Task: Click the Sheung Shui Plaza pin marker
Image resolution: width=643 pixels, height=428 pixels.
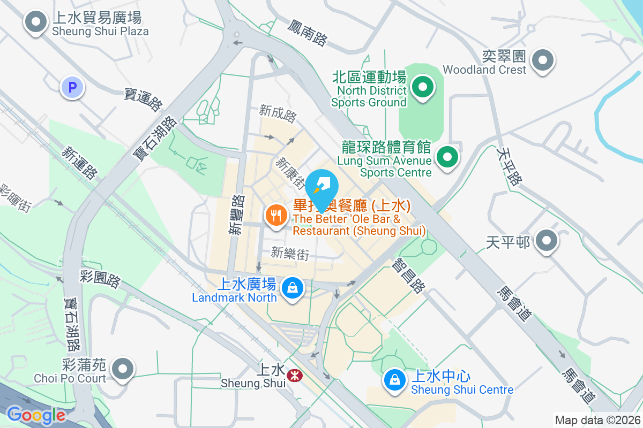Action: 36,23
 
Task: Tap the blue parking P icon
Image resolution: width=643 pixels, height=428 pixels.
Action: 72,87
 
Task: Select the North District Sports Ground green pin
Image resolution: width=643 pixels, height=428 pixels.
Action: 422,87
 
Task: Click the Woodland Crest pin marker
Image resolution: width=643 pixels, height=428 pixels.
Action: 543,60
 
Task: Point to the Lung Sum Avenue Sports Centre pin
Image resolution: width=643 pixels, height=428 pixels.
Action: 447,157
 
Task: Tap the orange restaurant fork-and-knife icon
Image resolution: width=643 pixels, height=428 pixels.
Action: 276,216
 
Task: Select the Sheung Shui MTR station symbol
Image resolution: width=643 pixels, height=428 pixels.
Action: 294,376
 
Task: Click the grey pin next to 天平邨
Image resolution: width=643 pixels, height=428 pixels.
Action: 547,241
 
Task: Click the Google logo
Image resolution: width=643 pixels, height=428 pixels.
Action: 35,415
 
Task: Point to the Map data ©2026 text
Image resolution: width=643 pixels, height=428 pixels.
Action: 597,420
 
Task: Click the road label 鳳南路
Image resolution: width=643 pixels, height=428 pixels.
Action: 307,32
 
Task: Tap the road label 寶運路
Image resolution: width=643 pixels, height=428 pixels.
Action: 143,100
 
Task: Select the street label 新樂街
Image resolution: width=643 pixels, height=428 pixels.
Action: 290,253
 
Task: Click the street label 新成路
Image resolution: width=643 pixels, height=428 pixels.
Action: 277,113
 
